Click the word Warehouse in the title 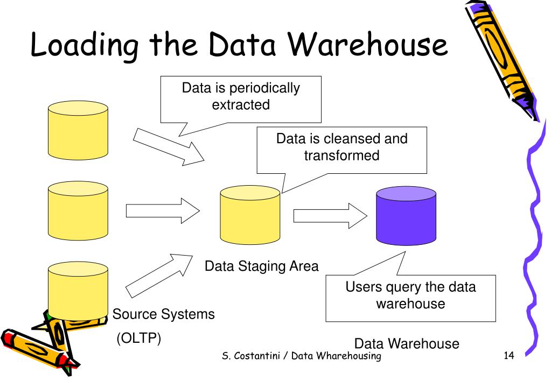(x=368, y=45)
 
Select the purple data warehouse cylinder (x=406, y=216)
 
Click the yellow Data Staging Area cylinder (x=250, y=215)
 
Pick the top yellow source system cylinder (x=78, y=130)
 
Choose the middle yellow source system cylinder (x=78, y=211)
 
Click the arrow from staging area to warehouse (x=330, y=216)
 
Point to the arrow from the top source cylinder (x=169, y=147)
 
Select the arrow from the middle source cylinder (x=163, y=211)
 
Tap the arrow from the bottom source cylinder (x=159, y=276)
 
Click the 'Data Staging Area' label (x=261, y=266)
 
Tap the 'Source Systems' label (x=163, y=314)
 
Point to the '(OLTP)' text (x=139, y=338)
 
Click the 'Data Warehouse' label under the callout (x=407, y=343)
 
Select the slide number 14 (x=509, y=355)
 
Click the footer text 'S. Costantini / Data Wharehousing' (x=302, y=356)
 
